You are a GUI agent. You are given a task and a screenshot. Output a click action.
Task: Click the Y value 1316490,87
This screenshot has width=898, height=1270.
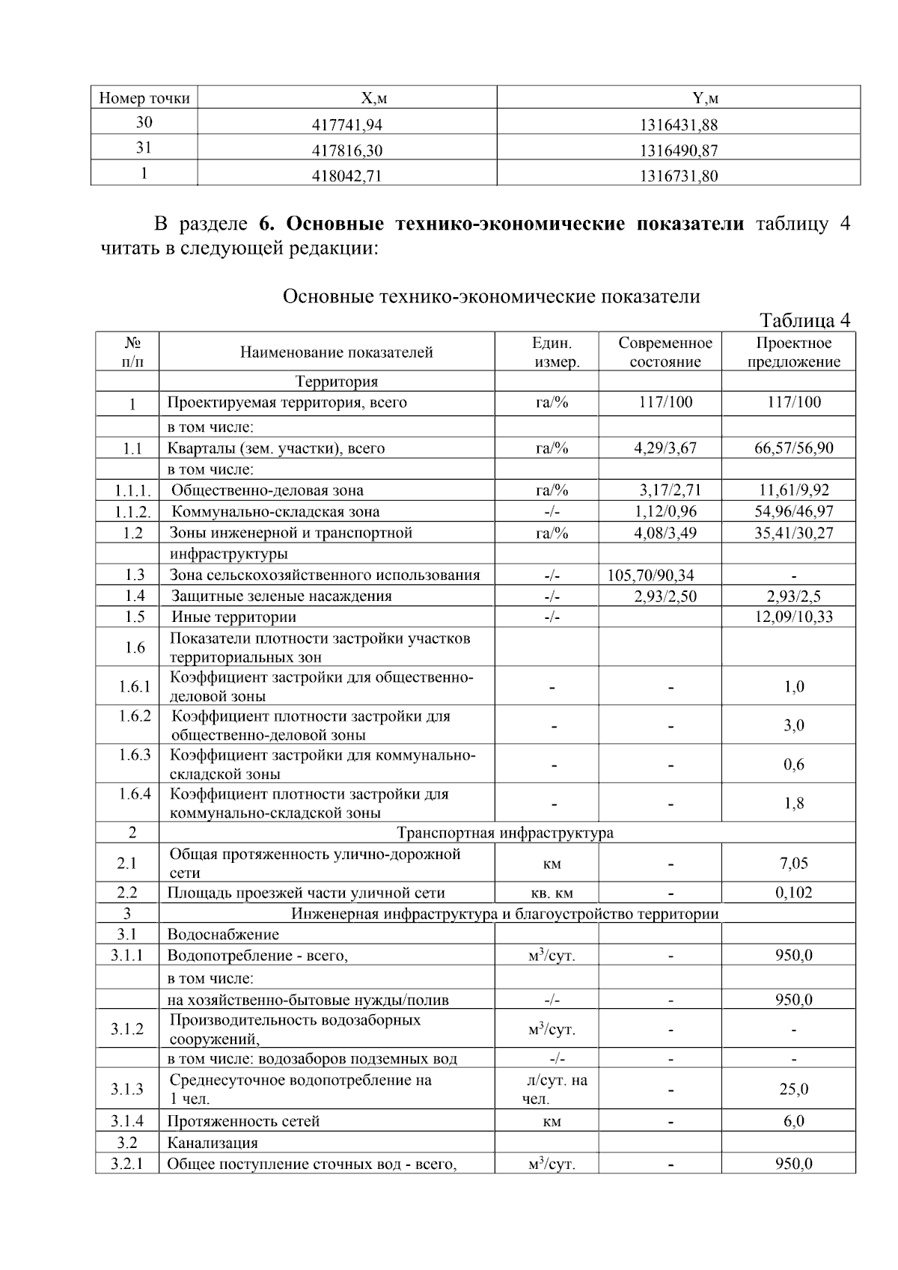point(678,150)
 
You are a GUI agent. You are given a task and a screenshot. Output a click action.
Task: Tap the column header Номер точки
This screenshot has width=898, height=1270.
point(144,98)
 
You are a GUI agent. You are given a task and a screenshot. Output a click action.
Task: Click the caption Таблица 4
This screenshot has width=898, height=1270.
point(804,320)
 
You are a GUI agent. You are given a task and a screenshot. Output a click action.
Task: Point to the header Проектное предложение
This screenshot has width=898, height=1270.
point(793,352)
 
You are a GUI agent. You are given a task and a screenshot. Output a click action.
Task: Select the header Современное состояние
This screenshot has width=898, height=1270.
point(665,352)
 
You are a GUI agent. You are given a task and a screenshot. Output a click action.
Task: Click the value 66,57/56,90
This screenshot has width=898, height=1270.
point(793,448)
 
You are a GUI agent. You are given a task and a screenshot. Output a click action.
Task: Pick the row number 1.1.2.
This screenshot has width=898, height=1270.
point(132,512)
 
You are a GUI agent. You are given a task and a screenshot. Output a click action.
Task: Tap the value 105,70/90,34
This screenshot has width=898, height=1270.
point(651,576)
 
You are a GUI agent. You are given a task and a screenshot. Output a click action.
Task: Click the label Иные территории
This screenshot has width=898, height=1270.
point(233,617)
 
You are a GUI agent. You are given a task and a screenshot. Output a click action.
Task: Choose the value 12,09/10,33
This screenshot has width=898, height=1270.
point(793,617)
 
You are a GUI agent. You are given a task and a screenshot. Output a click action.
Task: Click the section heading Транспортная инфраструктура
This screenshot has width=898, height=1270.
point(505,833)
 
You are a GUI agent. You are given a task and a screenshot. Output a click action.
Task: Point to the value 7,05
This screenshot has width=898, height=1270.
point(793,863)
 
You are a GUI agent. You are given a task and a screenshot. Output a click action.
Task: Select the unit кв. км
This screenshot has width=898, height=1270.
point(552,893)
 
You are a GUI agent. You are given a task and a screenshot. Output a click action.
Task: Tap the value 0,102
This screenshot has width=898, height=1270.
point(793,893)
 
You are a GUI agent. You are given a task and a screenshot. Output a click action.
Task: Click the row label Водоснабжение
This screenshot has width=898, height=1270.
point(222,935)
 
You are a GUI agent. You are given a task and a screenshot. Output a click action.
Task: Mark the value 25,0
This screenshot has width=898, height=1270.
point(793,1090)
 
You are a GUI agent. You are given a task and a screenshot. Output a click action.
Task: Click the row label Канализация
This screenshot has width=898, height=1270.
point(212,1143)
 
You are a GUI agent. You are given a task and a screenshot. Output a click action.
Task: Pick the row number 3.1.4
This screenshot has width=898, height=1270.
point(127,1121)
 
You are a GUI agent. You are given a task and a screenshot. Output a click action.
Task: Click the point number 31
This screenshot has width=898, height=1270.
point(144,147)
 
